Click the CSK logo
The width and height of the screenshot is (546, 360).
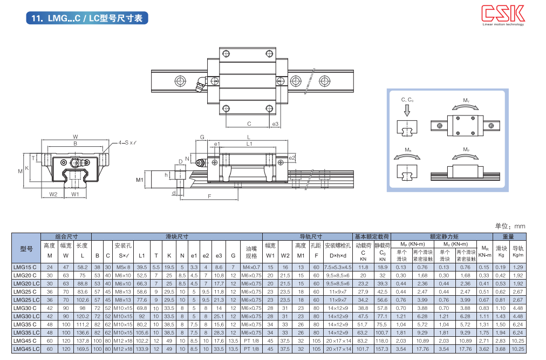tap(503, 13)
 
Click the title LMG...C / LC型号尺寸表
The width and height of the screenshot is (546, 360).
tap(88, 18)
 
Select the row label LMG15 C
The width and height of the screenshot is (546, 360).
tap(25, 267)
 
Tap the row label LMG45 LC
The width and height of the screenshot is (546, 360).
tap(26, 349)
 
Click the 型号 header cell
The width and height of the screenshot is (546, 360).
tap(26, 249)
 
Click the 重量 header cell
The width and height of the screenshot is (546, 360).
tap(508, 236)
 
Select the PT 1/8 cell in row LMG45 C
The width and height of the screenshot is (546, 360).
tap(251, 341)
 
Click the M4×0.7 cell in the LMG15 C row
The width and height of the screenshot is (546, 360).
tap(251, 267)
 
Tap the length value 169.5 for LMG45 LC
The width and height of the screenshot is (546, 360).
tap(83, 349)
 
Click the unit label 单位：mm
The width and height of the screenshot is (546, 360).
tap(509, 226)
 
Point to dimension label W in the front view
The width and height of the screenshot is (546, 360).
tap(76, 137)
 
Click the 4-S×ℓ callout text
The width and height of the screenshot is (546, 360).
tap(127, 144)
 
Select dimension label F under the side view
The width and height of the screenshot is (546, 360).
tap(209, 196)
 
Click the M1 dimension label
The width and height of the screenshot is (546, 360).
tap(139, 180)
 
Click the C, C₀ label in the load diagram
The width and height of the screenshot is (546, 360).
tap(407, 100)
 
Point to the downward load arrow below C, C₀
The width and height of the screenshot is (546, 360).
tap(407, 110)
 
